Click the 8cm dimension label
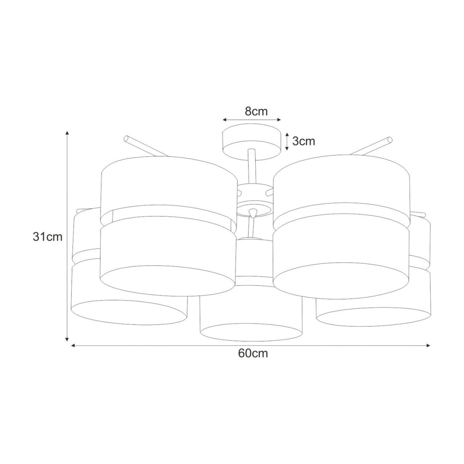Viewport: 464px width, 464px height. coord(256,112)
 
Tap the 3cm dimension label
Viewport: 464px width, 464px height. coord(304,141)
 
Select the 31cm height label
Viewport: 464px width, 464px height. coord(48,237)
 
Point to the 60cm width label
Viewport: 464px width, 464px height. coord(253,353)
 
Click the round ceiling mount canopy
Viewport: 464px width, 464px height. coord(252,142)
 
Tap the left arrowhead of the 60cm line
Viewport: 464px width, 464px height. coord(73,346)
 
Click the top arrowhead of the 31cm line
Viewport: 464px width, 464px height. coord(67,133)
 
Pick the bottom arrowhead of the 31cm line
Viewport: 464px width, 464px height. coord(67,339)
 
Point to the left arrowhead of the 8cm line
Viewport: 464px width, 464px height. coord(224,120)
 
